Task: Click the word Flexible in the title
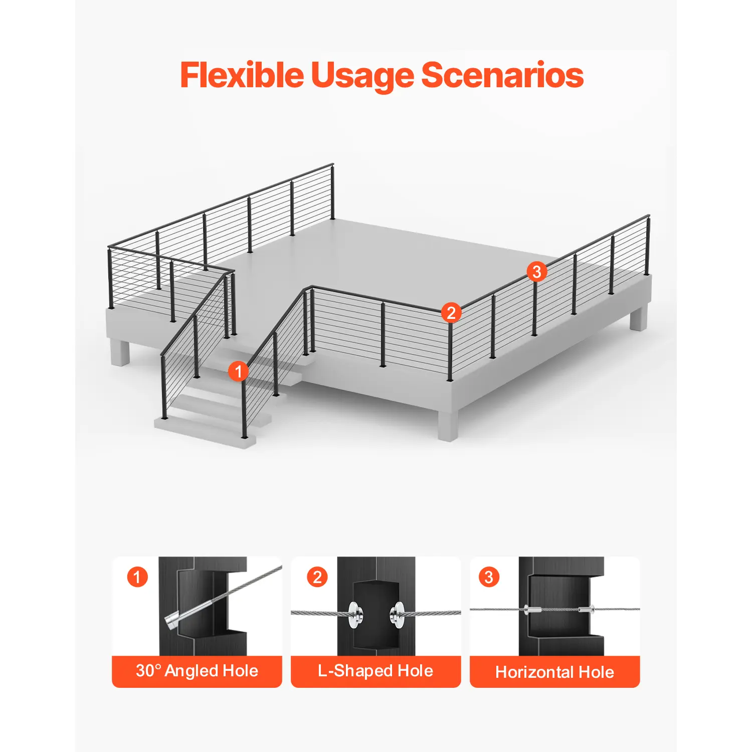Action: (242, 75)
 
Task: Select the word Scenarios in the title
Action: (502, 75)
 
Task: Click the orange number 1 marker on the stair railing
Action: (238, 371)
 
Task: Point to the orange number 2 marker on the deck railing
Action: (451, 313)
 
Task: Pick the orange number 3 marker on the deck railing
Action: (536, 271)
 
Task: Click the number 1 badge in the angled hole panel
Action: (137, 577)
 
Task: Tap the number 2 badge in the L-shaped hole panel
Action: (317, 577)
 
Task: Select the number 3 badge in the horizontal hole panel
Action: (489, 577)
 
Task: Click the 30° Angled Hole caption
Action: (197, 671)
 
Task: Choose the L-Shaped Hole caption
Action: (375, 671)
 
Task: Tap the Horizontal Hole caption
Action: (554, 672)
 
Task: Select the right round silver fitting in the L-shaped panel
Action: (397, 615)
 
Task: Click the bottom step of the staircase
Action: (205, 431)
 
